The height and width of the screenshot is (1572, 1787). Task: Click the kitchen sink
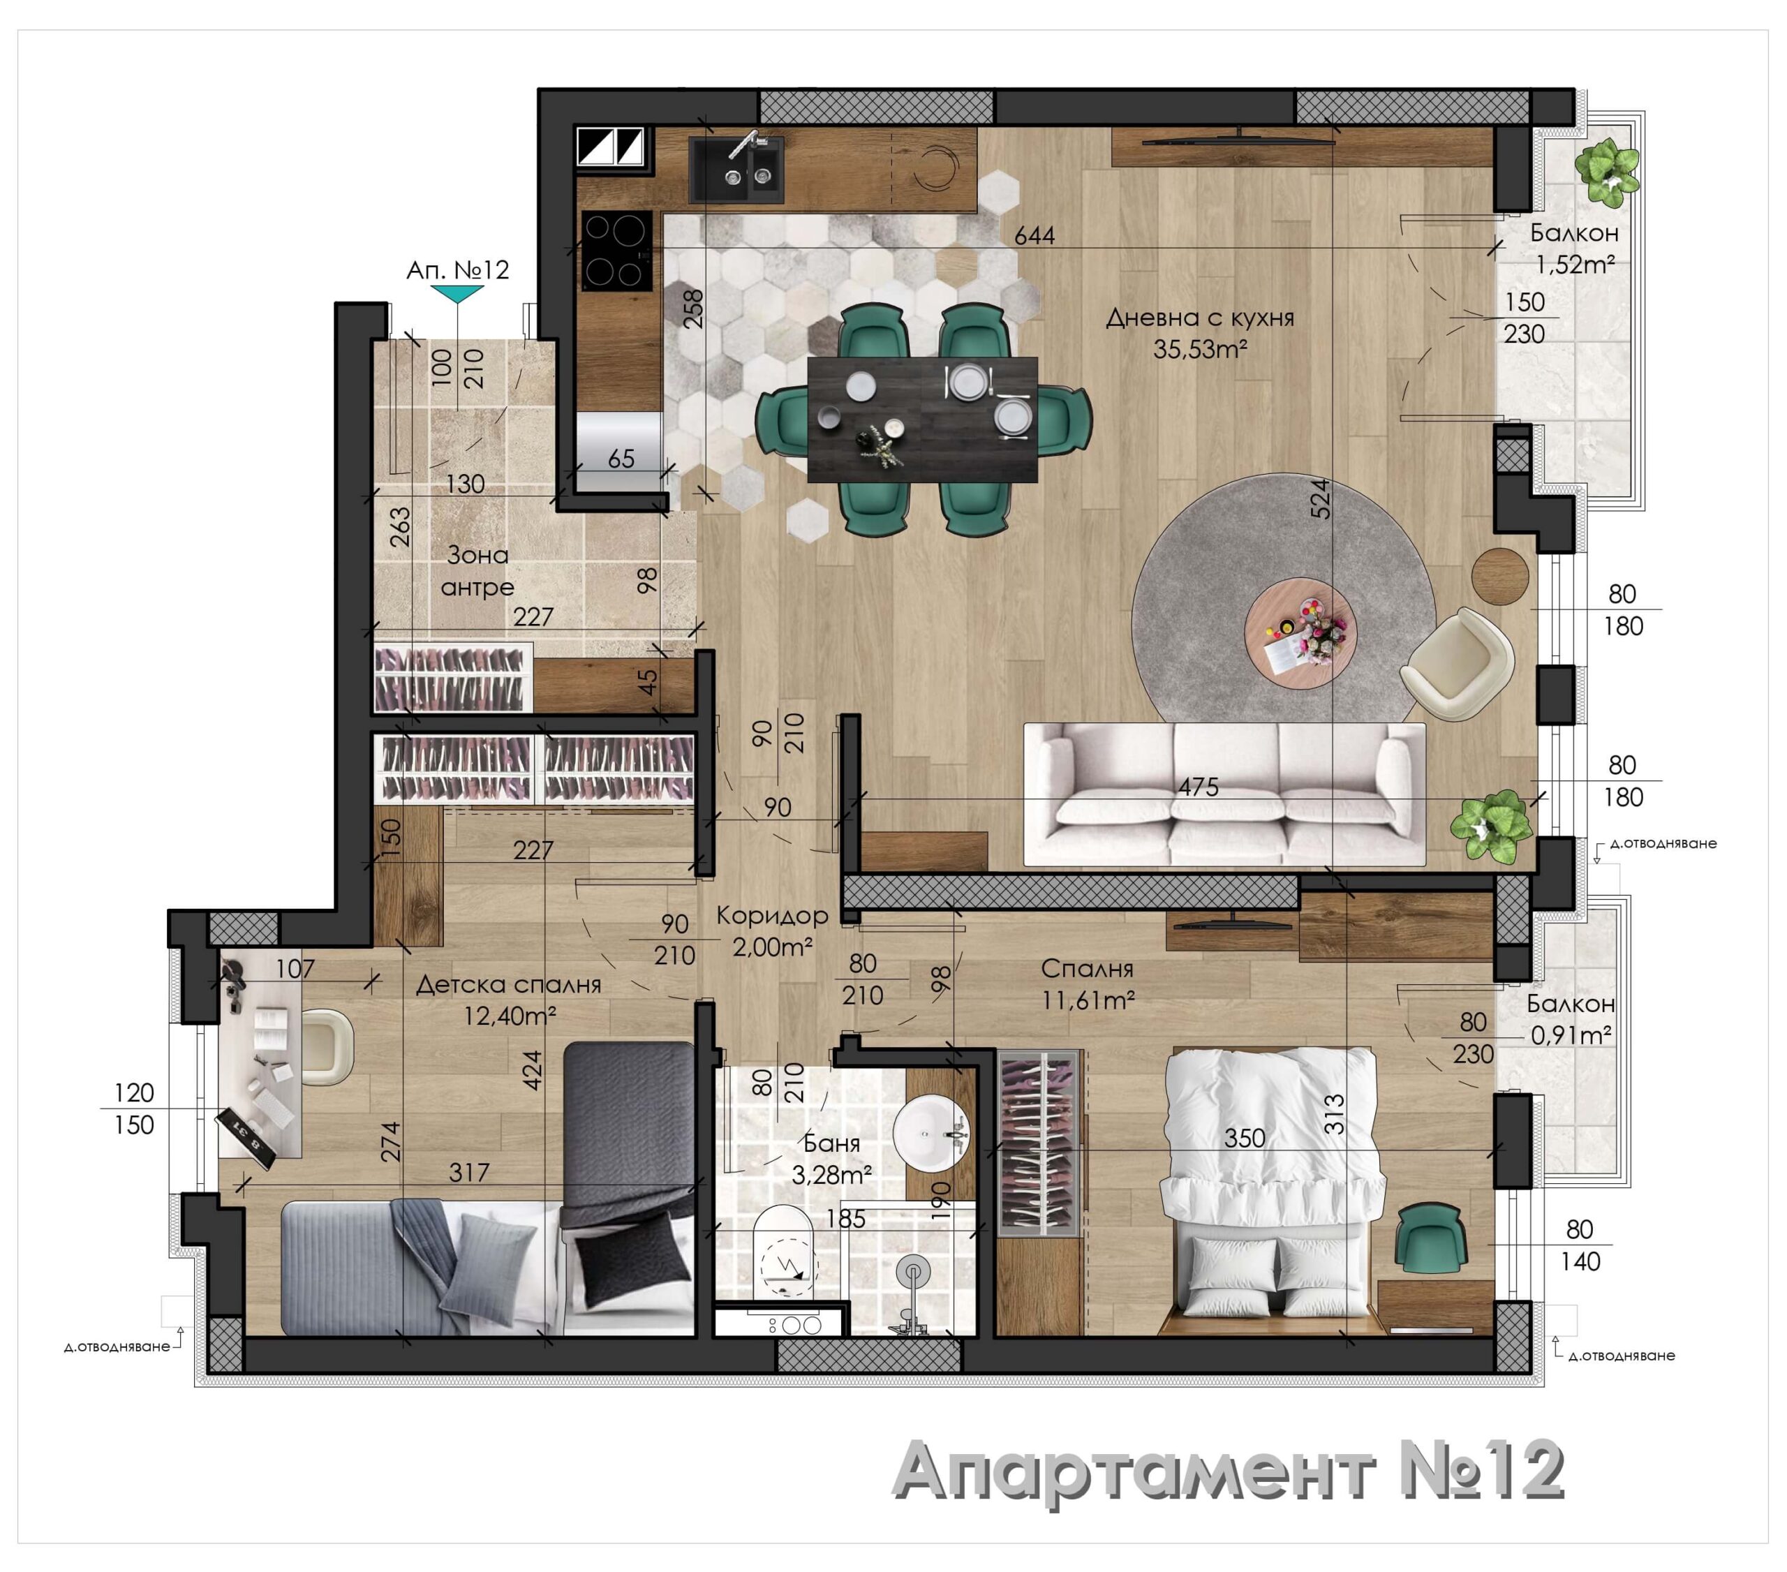(x=736, y=170)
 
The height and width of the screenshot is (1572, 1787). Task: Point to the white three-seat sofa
(x=1224, y=794)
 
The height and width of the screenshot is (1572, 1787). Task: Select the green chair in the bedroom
(x=1430, y=1239)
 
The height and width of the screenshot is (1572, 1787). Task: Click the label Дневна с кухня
(x=1199, y=318)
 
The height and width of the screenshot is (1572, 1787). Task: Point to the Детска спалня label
(x=508, y=984)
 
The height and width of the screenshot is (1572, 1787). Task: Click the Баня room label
(x=831, y=1143)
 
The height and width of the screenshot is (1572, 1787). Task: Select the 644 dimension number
(x=1035, y=235)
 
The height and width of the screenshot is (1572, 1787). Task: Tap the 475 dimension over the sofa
(x=1198, y=787)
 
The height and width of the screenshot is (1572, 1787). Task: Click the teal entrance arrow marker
(x=458, y=295)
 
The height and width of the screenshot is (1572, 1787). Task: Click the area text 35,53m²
(x=1199, y=350)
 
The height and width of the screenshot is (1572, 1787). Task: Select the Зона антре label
(x=477, y=570)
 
